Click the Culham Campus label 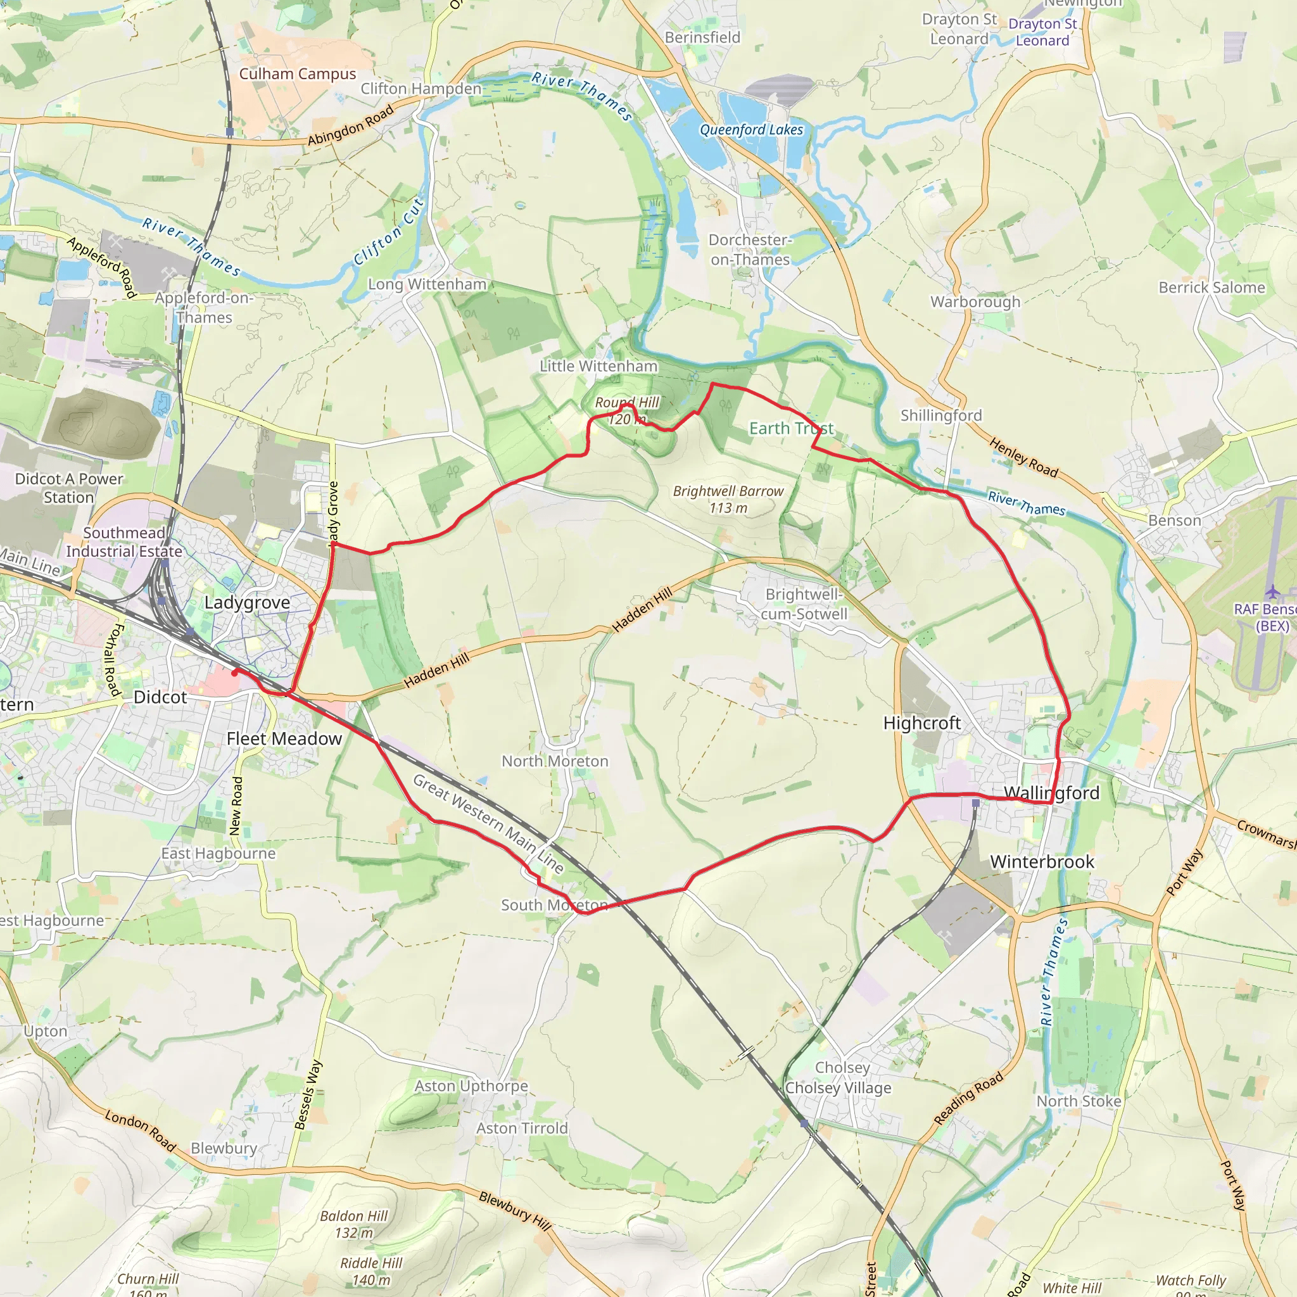[x=298, y=74]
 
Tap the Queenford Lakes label [x=751, y=130]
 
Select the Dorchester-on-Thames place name [x=750, y=250]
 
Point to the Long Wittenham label [x=427, y=284]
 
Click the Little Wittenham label [x=598, y=366]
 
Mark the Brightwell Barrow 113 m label [x=728, y=500]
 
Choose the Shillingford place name [x=940, y=415]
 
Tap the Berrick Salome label [x=1211, y=288]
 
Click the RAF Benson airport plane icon [x=1272, y=592]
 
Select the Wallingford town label [x=1051, y=793]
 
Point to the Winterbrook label [x=1042, y=862]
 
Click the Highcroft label [x=921, y=723]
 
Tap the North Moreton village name [x=555, y=761]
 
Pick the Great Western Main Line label [x=488, y=823]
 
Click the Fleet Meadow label [x=284, y=738]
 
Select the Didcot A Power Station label [x=69, y=488]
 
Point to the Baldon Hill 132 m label [x=354, y=1224]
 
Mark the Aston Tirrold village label [x=522, y=1129]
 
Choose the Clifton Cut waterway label [x=389, y=232]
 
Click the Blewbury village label [x=224, y=1148]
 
